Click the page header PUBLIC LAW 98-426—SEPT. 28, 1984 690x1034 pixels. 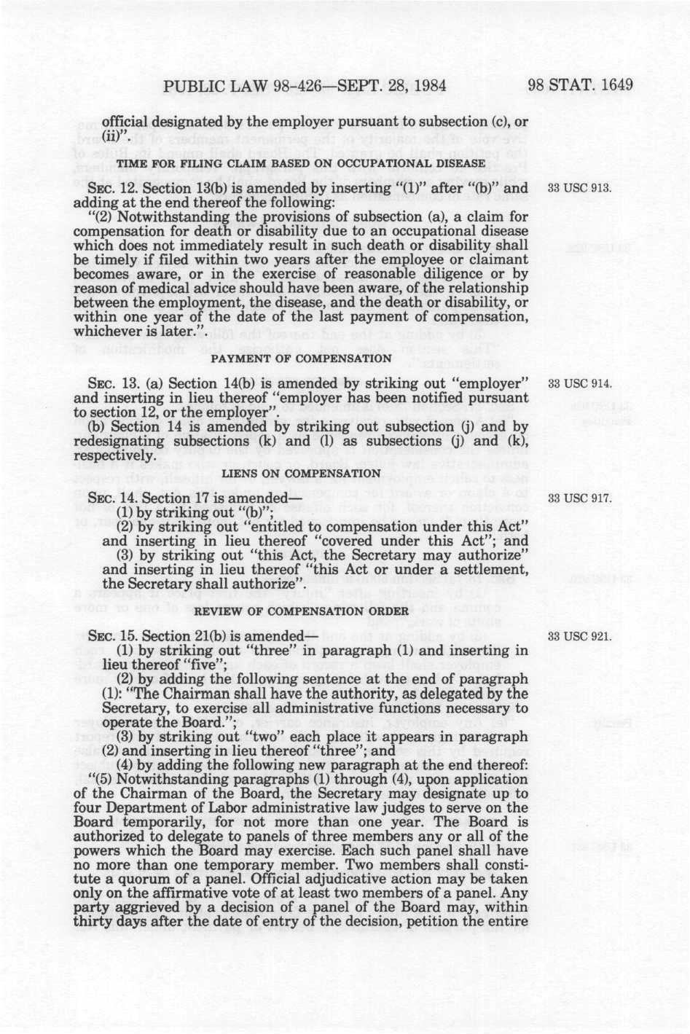pos(305,86)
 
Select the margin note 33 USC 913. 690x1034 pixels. pos(581,189)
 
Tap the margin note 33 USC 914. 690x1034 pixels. pos(581,383)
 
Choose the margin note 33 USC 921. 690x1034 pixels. pos(581,635)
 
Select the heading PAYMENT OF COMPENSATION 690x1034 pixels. pos(301,359)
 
